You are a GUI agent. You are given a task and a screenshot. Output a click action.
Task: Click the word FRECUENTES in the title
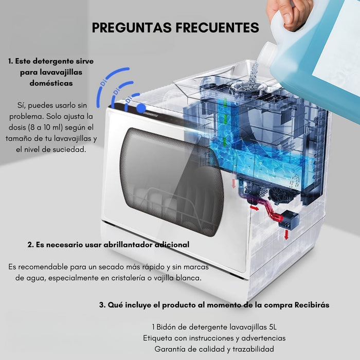click(x=215, y=27)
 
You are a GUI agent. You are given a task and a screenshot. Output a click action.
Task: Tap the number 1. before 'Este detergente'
click(x=11, y=61)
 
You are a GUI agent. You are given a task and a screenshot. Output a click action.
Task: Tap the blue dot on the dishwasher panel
click(x=140, y=108)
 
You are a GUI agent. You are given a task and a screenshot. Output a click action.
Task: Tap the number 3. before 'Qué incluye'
click(x=102, y=304)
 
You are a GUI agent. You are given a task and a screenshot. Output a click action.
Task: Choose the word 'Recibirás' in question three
click(x=312, y=304)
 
